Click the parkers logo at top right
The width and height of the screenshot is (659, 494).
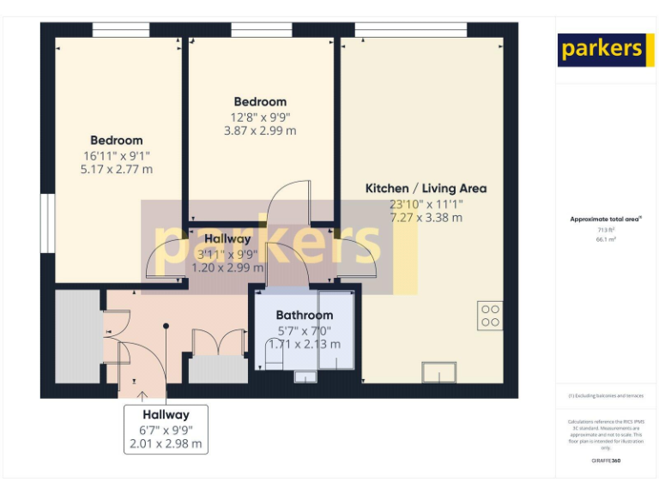click(601, 50)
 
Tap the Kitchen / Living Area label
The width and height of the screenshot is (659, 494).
click(426, 189)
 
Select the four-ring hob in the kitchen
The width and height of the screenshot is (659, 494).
click(490, 316)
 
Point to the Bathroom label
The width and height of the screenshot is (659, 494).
click(304, 316)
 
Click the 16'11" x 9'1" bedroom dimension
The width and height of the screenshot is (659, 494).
click(117, 155)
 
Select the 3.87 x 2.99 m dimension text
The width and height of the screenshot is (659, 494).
click(259, 131)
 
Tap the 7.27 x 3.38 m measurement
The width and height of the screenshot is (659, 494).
click(426, 218)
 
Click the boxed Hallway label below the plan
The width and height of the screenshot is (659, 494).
click(166, 415)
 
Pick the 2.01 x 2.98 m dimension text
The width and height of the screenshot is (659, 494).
click(166, 443)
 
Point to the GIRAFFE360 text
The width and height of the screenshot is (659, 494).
click(606, 461)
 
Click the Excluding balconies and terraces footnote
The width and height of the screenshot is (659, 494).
click(606, 395)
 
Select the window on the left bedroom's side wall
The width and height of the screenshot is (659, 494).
click(48, 224)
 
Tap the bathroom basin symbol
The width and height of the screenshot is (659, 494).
click(305, 376)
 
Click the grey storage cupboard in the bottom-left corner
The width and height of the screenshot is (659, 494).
click(78, 336)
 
